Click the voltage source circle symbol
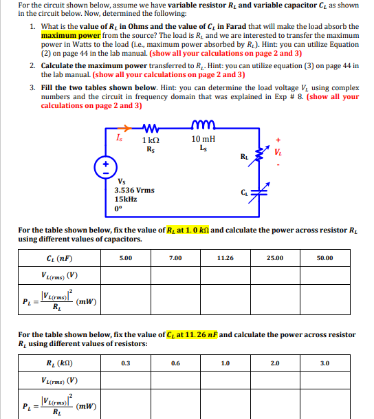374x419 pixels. point(107,166)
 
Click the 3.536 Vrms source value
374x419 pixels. point(134,190)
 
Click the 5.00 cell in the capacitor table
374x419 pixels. point(126,258)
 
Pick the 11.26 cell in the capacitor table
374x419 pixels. point(224,258)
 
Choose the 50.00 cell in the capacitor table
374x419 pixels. point(324,258)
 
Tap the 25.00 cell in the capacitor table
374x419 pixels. point(274,258)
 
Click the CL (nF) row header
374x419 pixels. point(57,259)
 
